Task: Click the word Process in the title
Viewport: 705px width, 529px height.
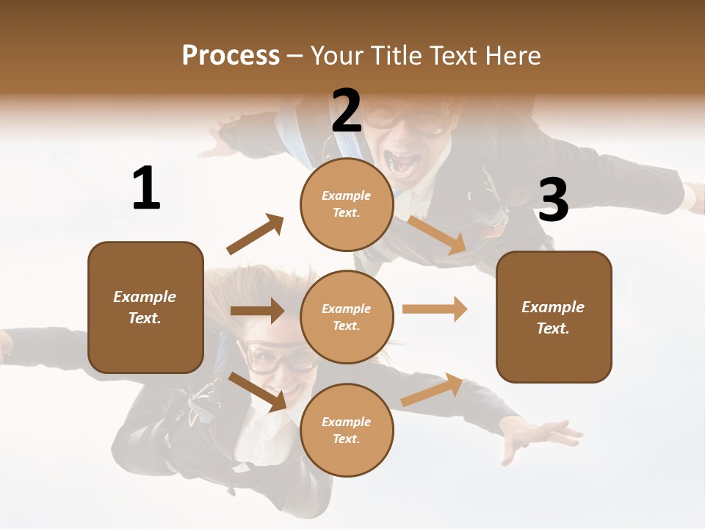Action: click(x=231, y=55)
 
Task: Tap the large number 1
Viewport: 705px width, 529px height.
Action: click(x=146, y=188)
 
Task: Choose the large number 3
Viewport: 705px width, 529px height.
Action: click(x=553, y=200)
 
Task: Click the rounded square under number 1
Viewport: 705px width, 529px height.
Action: click(x=145, y=307)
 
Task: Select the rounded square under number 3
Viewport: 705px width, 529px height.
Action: click(x=554, y=317)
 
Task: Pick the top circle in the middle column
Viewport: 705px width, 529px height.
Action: click(x=347, y=204)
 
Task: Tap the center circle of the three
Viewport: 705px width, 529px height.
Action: click(x=347, y=317)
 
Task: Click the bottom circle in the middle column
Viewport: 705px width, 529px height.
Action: click(x=347, y=430)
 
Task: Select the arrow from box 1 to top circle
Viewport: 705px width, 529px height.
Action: click(x=255, y=234)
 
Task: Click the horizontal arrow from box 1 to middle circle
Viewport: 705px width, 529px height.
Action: click(x=257, y=311)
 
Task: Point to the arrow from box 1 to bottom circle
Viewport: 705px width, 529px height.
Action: click(x=258, y=392)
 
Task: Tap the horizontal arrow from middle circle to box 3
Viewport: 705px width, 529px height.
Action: click(x=434, y=309)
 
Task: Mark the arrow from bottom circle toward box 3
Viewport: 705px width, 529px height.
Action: click(x=432, y=389)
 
